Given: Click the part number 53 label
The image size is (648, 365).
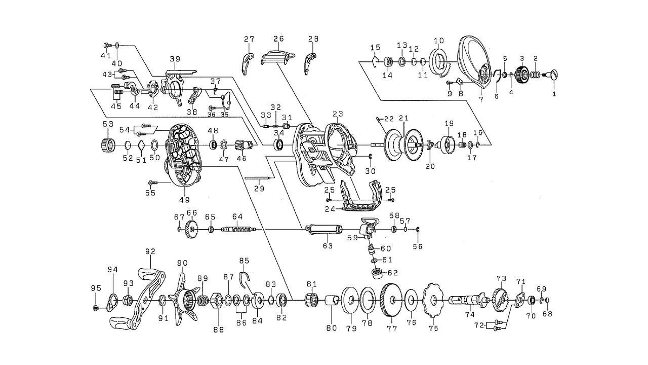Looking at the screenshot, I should (108, 124).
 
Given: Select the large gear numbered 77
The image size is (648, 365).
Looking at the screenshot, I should (390, 301).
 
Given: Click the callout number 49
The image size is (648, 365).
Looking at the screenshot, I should (184, 200).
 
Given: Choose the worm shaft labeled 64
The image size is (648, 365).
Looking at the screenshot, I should (237, 230).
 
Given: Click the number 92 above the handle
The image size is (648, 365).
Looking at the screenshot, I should (150, 251).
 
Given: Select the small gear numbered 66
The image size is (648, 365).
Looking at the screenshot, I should (191, 229).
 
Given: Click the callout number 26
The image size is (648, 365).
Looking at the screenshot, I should (278, 39).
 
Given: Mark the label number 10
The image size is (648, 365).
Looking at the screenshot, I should (438, 41).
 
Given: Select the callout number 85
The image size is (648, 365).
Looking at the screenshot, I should (245, 261).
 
